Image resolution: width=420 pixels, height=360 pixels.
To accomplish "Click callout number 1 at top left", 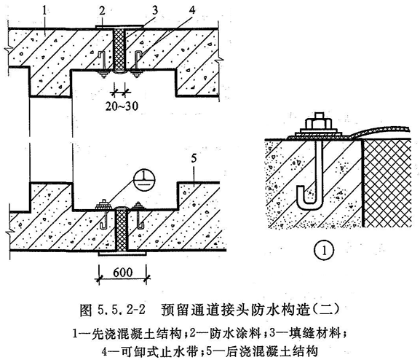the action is click(x=44, y=12).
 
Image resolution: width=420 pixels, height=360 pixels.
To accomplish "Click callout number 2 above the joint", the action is click(x=102, y=11).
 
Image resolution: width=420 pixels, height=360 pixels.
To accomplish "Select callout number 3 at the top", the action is click(x=155, y=10).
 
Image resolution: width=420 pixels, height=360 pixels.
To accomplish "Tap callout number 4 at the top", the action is click(x=191, y=10).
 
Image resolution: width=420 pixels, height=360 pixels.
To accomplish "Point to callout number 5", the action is click(x=194, y=158).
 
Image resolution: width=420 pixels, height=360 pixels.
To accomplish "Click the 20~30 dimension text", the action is click(x=122, y=106).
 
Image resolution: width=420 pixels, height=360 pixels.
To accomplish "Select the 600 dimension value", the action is click(x=123, y=273).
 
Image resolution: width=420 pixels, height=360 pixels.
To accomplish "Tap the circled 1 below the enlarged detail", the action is click(x=324, y=251).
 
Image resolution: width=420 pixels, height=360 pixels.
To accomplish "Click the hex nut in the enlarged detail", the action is click(x=318, y=124).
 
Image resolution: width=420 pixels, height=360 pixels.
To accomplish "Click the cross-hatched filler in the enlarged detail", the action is click(x=387, y=183).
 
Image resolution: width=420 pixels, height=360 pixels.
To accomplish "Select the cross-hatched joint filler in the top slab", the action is click(x=119, y=49).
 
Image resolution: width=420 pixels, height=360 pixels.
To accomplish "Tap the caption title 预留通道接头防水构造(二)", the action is click(x=250, y=310).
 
